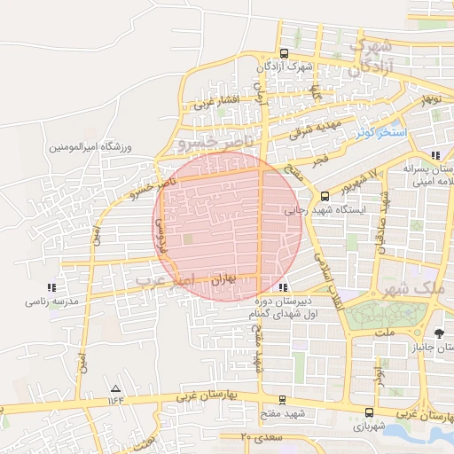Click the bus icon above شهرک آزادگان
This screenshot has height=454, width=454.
pyautogui.click(x=284, y=53)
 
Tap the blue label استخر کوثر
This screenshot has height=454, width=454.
pyautogui.click(x=379, y=133)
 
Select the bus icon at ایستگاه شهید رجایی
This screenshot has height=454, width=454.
pyautogui.click(x=325, y=196)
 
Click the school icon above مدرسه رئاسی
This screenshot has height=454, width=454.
pyautogui.click(x=52, y=287)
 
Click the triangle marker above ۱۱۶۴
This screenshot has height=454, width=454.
pyautogui.click(x=114, y=389)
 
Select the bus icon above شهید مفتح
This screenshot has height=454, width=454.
pyautogui.click(x=282, y=400)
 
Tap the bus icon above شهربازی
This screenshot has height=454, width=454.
pyautogui.click(x=370, y=412)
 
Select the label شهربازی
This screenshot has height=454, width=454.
pyautogui.click(x=370, y=427)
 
